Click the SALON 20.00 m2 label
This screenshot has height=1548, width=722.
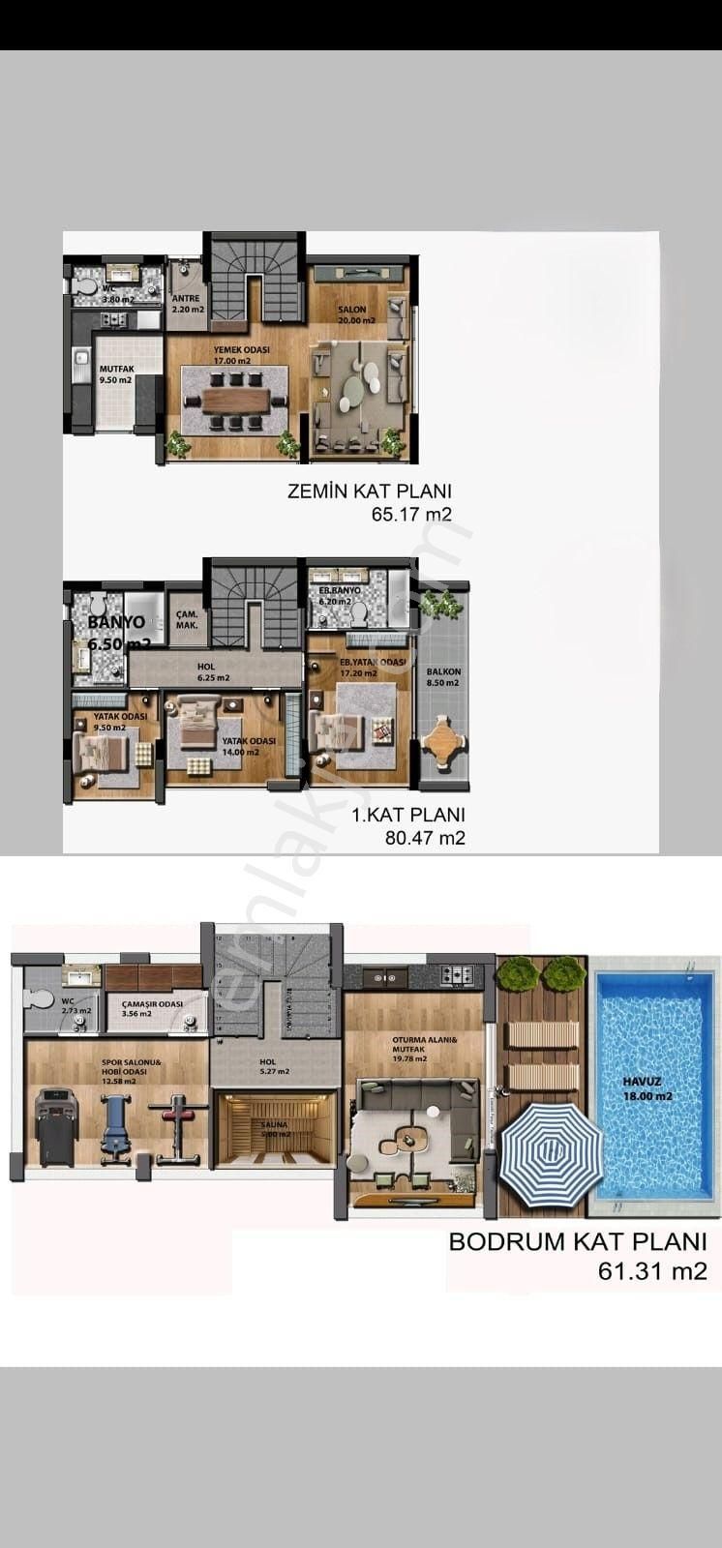click(x=351, y=314)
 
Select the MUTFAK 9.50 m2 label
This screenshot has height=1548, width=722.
click(x=115, y=374)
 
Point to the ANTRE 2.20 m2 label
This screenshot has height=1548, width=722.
click(x=188, y=305)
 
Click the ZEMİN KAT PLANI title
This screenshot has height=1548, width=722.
click(x=369, y=491)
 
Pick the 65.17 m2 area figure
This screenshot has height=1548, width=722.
click(x=411, y=515)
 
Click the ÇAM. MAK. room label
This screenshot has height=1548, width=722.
click(x=186, y=620)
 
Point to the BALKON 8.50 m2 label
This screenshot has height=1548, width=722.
click(x=443, y=677)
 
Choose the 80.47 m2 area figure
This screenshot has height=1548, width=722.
click(x=425, y=838)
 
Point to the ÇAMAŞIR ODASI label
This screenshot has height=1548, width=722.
click(x=153, y=1008)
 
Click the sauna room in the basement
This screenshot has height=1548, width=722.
click(x=274, y=1129)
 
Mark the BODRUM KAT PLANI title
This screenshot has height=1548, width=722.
click(x=577, y=1242)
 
